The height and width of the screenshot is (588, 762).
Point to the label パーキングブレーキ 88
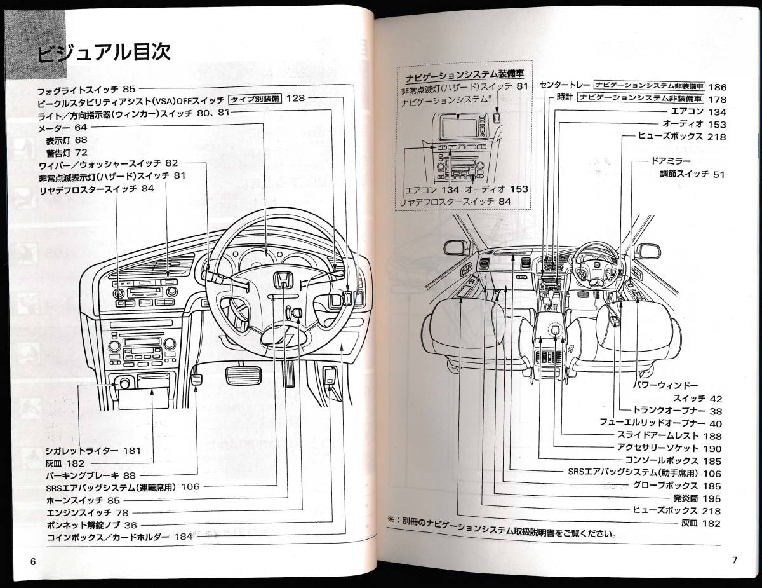click(x=91, y=475)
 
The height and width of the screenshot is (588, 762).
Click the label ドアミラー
click(x=665, y=162)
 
